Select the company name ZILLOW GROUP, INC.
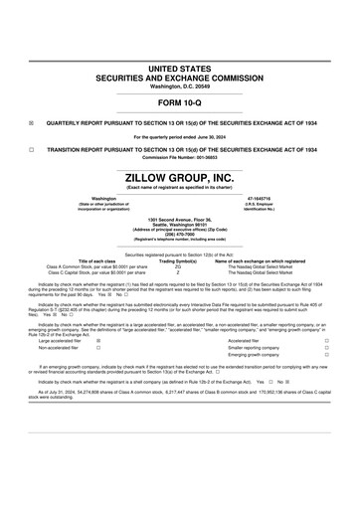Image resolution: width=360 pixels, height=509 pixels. (179, 177)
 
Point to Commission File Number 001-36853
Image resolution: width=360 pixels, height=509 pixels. (179, 156)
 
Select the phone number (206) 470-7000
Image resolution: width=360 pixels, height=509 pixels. (179, 235)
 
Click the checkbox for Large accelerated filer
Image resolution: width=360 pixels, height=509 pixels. (97, 340)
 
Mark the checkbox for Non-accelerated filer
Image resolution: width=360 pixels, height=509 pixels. (97, 348)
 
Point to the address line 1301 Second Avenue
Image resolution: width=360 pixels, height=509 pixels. (179, 217)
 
